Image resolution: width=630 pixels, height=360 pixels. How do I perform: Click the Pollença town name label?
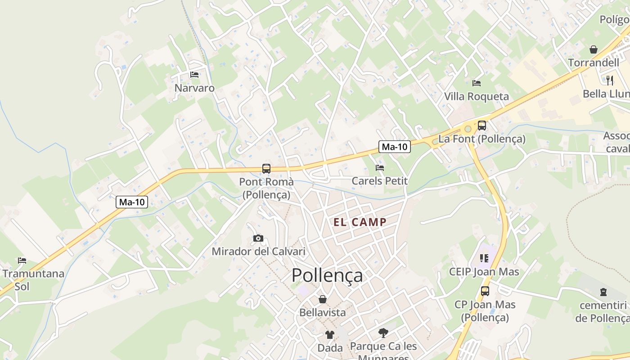[327, 275]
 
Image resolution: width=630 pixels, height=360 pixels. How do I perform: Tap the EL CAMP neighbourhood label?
[360, 222]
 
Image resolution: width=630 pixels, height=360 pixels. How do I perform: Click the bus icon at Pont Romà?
[266, 169]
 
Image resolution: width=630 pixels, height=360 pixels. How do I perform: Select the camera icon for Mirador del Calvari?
[258, 238]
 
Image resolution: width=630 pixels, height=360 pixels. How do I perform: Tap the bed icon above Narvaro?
[194, 75]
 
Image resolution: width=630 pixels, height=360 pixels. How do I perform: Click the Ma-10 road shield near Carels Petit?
[395, 146]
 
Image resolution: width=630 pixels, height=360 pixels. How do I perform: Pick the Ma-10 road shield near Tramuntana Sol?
[132, 202]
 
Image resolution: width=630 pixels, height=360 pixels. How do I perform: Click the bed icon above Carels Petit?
[380, 168]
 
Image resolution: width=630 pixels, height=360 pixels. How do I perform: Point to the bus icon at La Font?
[482, 126]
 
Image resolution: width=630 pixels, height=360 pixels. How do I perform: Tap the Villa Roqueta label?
[477, 96]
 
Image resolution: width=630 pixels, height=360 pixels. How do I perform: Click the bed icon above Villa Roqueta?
[477, 83]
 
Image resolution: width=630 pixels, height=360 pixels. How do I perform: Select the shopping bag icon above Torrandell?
[594, 49]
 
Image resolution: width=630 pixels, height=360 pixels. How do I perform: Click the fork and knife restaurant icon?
[610, 80]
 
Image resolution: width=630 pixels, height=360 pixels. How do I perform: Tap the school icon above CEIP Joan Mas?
[484, 258]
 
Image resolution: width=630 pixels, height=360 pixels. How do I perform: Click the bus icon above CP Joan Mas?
[485, 291]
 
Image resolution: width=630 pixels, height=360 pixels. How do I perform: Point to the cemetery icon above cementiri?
[603, 292]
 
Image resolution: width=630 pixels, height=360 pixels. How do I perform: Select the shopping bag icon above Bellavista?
[323, 299]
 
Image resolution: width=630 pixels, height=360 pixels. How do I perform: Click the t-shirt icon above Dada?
[330, 334]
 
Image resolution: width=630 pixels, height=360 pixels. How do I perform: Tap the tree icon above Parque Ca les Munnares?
[383, 333]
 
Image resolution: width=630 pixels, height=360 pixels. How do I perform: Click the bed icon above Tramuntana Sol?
[22, 260]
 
